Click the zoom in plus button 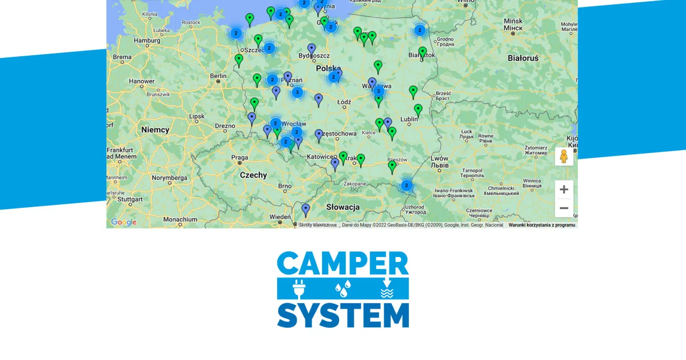pyautogui.click(x=564, y=189)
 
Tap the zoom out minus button pyautogui.click(x=564, y=208)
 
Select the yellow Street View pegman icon pyautogui.click(x=564, y=156)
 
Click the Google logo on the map pyautogui.click(x=124, y=222)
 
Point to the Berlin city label pyautogui.click(x=218, y=76)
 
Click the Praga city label pyautogui.click(x=240, y=157)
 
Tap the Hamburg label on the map pyautogui.click(x=147, y=40)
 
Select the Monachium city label pyautogui.click(x=180, y=219)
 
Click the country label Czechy pyautogui.click(x=253, y=175)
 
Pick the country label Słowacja pyautogui.click(x=342, y=207)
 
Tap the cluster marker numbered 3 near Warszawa pyautogui.click(x=378, y=91)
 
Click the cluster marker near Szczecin pyautogui.click(x=269, y=48)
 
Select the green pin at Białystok pyautogui.click(x=422, y=52)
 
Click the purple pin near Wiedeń pyautogui.click(x=305, y=209)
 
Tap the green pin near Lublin pyautogui.click(x=418, y=110)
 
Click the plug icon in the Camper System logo pyautogui.click(x=299, y=289)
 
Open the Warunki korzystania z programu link pyautogui.click(x=541, y=225)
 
